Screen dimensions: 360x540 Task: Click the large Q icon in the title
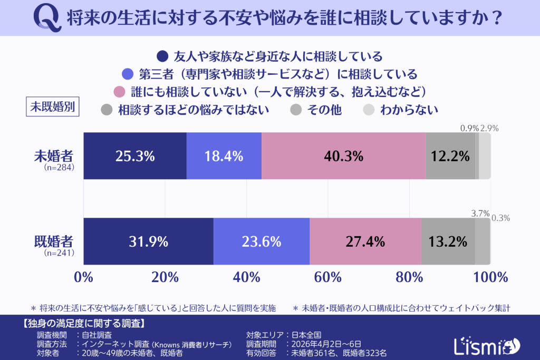[48, 17]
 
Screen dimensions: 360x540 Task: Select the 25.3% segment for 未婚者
[135, 156]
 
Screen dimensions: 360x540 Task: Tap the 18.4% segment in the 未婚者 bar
[224, 156]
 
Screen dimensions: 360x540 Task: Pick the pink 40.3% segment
[344, 156]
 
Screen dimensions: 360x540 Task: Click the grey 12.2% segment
[450, 156]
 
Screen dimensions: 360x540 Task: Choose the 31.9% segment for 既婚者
[148, 241]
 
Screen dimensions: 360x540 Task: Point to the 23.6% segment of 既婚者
[262, 241]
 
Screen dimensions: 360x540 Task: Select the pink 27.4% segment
[365, 241]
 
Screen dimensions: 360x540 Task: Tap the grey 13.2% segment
[448, 241]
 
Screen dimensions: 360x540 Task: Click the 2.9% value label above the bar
[489, 128]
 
